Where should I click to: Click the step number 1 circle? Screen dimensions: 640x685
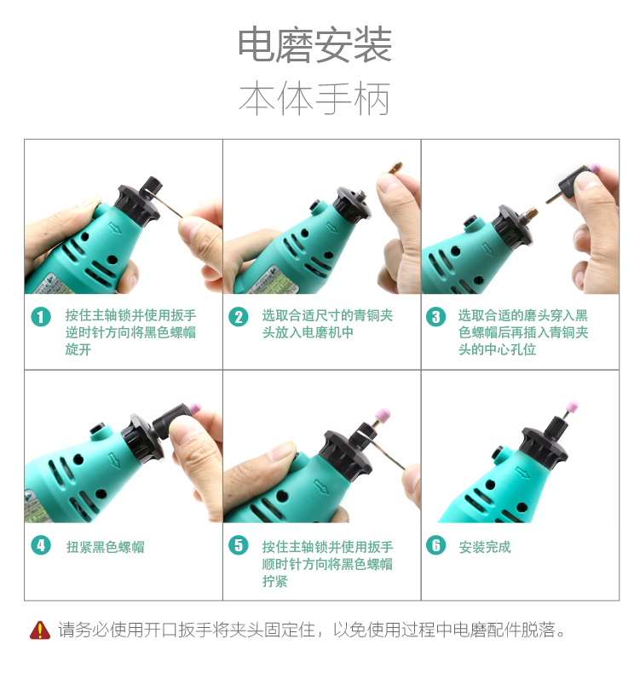tap(41, 316)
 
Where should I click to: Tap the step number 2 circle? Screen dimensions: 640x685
tap(238, 316)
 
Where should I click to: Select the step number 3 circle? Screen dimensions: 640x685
tap(435, 316)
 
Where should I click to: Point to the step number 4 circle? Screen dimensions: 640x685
tap(41, 545)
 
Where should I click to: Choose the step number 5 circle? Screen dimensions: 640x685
tap(238, 545)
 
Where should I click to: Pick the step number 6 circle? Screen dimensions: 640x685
tap(435, 545)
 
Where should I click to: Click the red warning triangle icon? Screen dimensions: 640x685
tap(40, 630)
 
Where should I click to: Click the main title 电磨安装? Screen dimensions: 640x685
tap(314, 44)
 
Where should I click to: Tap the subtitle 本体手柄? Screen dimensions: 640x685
tap(314, 99)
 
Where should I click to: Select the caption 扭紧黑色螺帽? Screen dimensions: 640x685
tap(106, 546)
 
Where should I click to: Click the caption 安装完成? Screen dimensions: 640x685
tap(485, 546)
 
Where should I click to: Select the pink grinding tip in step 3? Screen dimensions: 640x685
tap(595, 169)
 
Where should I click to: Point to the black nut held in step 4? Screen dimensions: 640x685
tap(170, 420)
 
